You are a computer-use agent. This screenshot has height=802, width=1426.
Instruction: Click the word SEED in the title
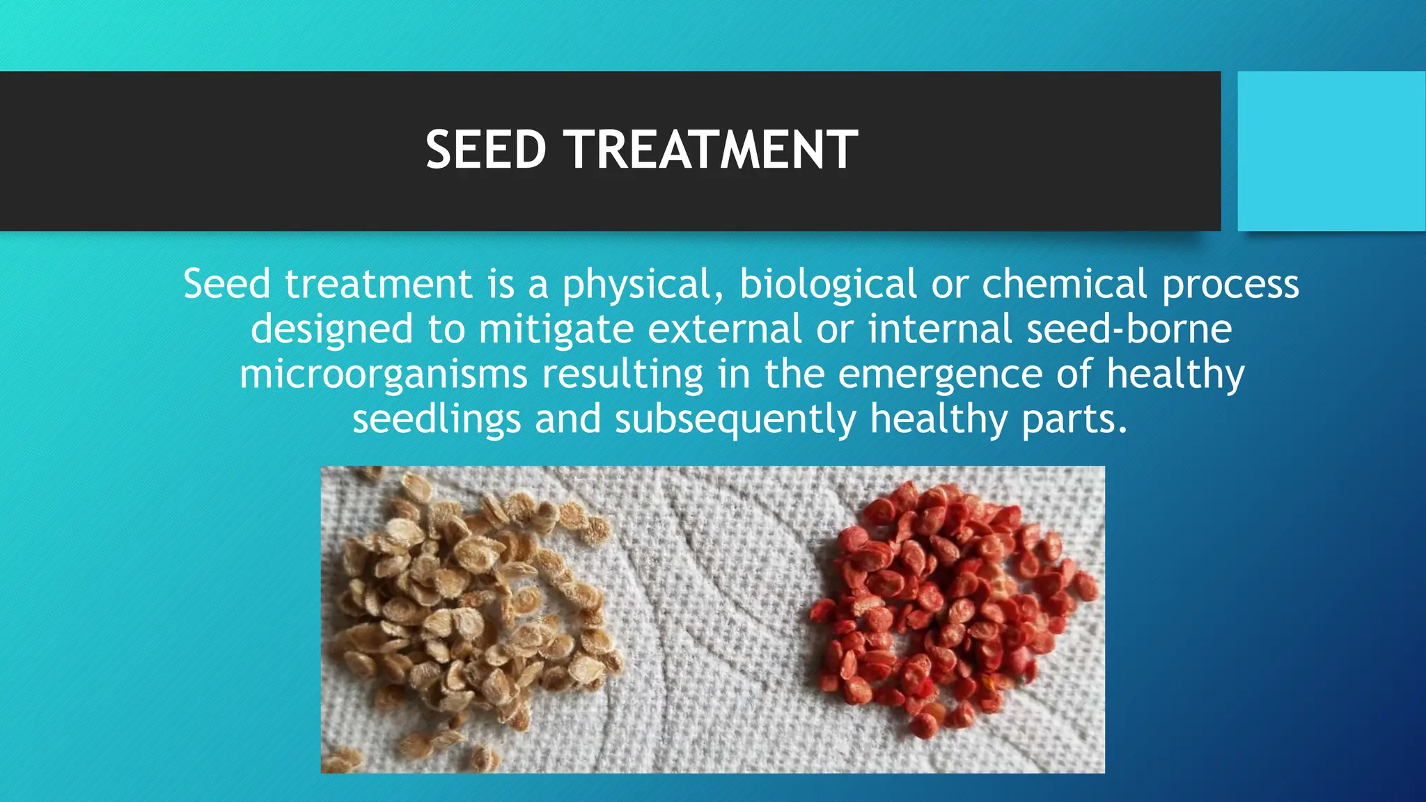(485, 150)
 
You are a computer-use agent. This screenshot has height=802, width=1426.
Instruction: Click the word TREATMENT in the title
(711, 150)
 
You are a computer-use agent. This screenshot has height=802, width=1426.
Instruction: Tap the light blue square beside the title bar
(1331, 151)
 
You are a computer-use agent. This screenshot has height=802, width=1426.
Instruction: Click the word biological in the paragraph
(827, 285)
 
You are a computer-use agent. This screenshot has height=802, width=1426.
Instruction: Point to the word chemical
(1064, 285)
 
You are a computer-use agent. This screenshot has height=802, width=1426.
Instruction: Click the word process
(1230, 286)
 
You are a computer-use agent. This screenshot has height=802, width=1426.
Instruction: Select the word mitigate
(556, 330)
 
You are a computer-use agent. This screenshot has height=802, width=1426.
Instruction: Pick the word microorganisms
(383, 375)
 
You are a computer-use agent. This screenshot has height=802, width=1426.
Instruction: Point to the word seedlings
(437, 420)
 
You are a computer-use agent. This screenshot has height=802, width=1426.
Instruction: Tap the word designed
(331, 330)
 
